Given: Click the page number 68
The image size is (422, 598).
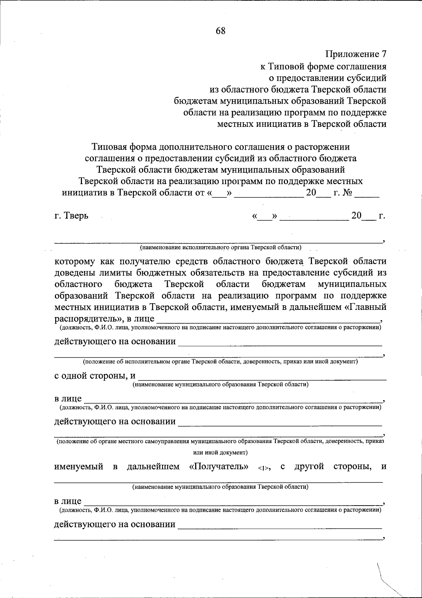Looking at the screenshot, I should (220, 31).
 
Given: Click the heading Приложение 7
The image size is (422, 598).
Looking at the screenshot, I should (356, 54).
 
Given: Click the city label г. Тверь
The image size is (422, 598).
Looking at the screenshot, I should (71, 216).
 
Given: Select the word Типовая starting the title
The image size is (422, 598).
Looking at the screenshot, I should (109, 147).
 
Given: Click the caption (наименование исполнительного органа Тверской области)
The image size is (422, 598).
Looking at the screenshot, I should (220, 247).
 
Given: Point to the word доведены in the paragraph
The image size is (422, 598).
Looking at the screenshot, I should (75, 273).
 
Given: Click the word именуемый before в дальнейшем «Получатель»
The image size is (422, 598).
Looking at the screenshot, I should (79, 467).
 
